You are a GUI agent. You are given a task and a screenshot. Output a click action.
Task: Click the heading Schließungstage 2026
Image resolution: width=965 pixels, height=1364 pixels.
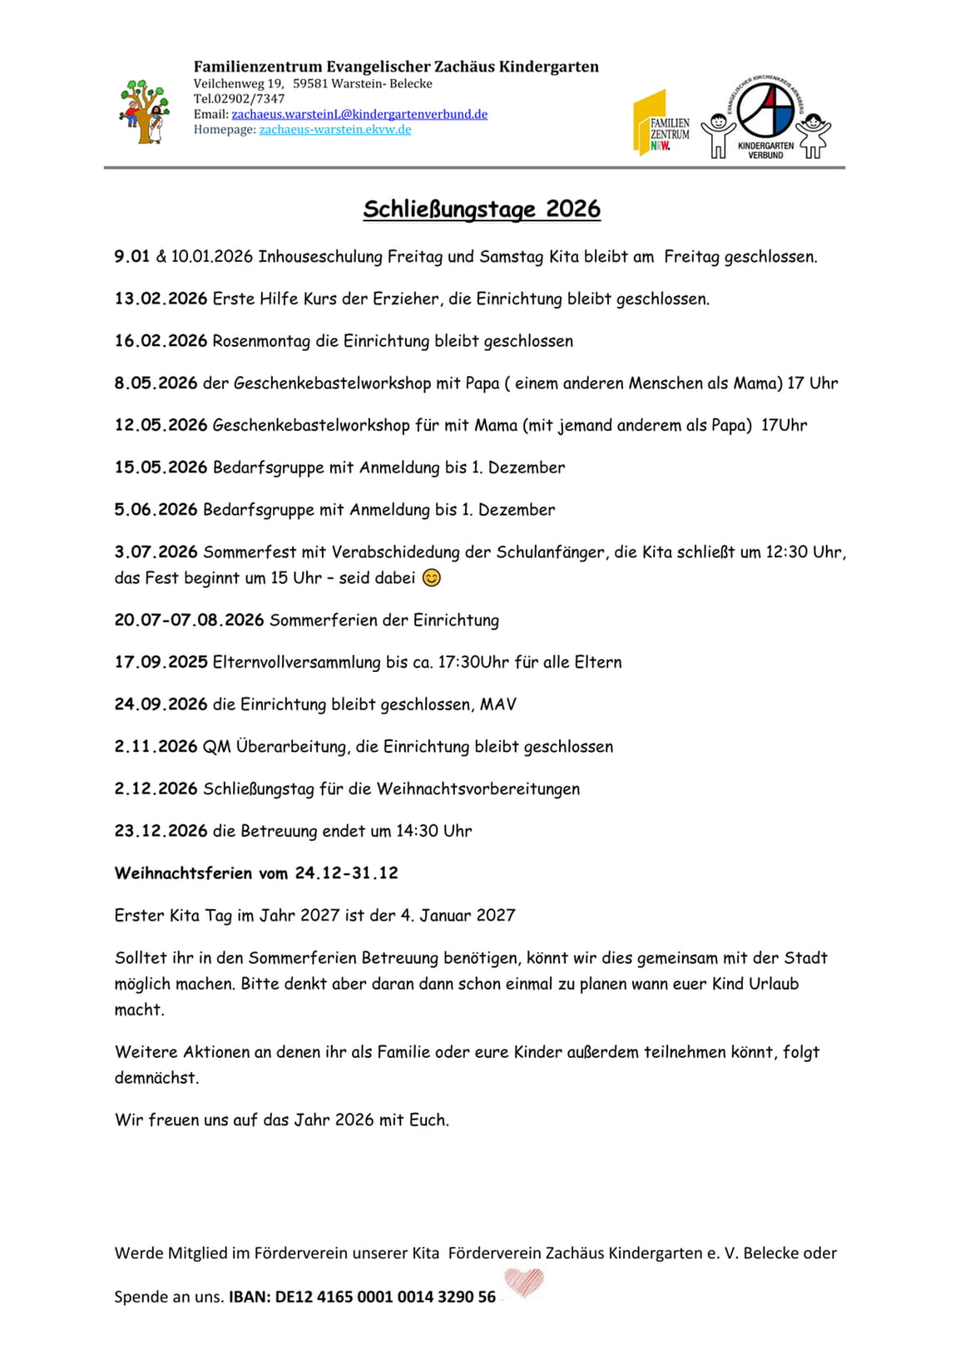click(482, 209)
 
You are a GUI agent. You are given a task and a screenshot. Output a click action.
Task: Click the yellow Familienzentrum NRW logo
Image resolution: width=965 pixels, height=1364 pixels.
click(661, 123)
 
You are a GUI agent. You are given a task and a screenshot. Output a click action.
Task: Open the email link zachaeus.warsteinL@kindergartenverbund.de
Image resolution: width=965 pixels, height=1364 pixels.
click(359, 114)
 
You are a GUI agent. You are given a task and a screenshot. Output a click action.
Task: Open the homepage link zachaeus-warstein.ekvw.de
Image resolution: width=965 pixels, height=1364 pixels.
click(335, 129)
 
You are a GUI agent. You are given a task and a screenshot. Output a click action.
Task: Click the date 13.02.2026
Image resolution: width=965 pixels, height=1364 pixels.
click(161, 299)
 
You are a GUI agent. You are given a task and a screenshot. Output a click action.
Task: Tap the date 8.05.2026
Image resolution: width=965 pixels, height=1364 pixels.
click(156, 383)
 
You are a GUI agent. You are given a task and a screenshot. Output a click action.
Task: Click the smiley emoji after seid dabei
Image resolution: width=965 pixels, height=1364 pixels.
click(431, 577)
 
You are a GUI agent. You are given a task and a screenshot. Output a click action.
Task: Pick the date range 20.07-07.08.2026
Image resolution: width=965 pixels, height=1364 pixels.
click(189, 620)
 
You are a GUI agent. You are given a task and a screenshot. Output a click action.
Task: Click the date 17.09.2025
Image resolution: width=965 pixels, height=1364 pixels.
click(161, 662)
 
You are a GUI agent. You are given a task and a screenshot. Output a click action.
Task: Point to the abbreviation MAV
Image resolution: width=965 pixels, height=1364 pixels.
click(497, 704)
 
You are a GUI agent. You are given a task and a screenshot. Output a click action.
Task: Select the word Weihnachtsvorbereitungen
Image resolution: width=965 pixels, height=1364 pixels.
click(478, 788)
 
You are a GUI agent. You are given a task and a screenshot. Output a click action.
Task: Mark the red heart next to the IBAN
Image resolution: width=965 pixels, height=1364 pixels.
click(525, 1282)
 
